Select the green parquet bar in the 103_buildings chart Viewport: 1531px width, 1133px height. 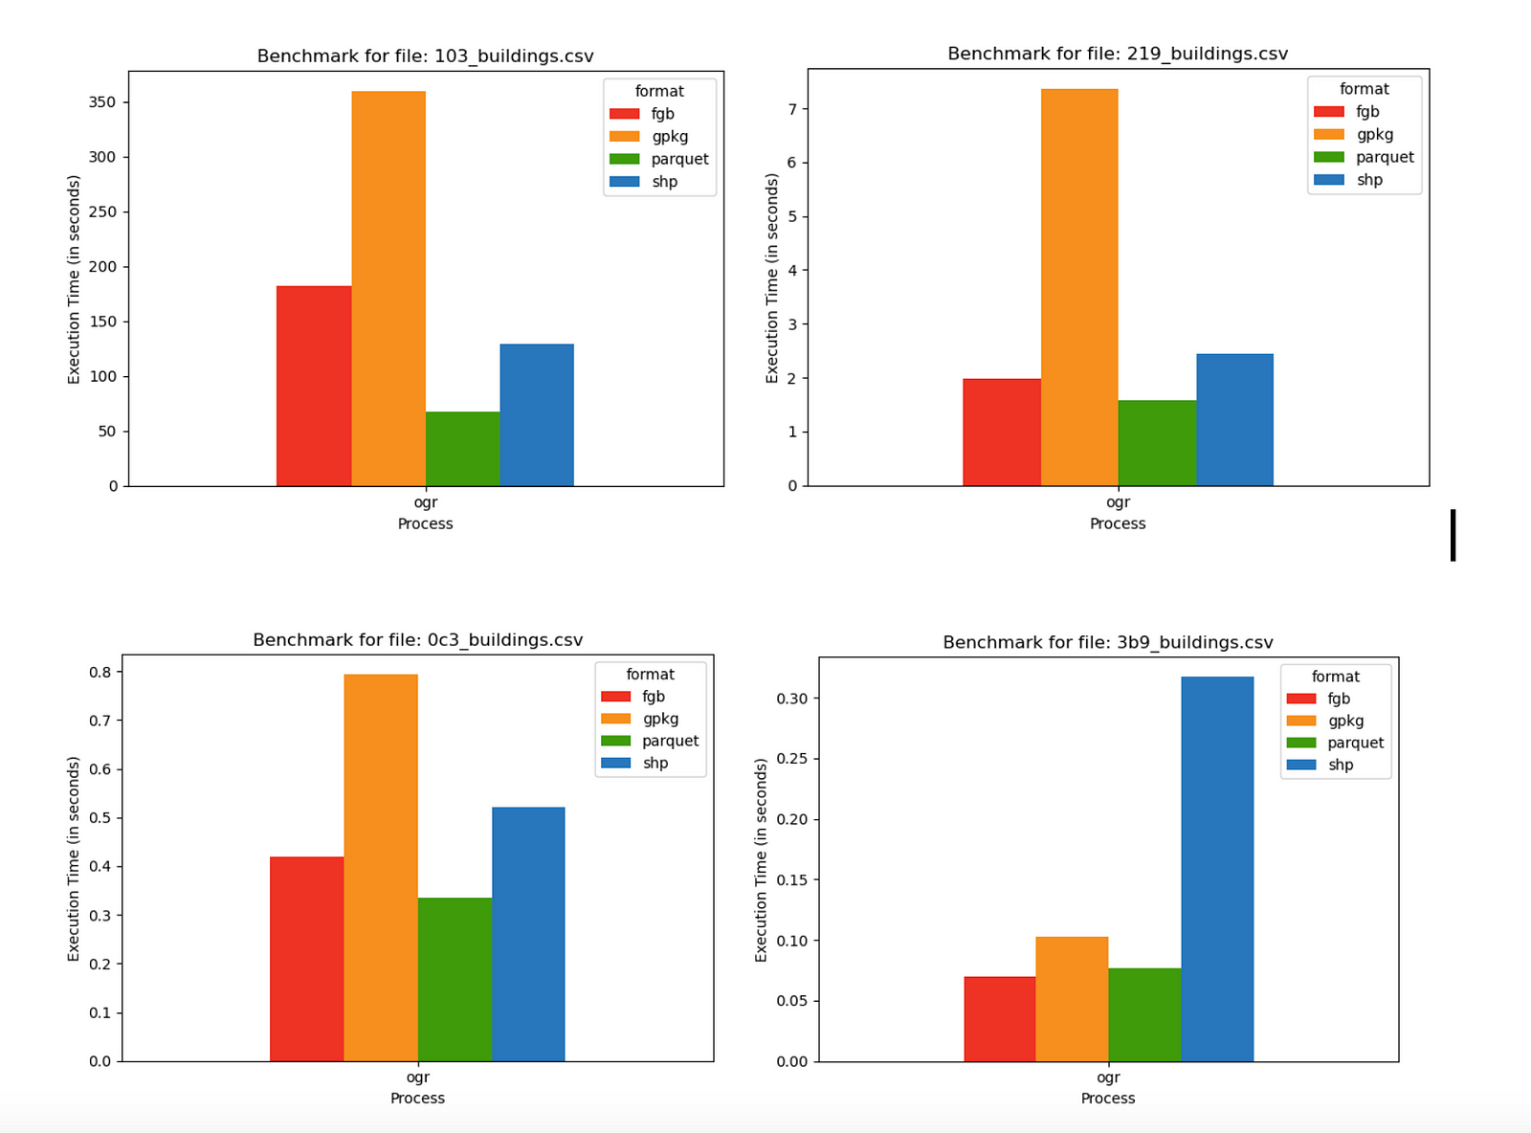(462, 449)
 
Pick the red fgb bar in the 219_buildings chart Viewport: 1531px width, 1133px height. (1001, 433)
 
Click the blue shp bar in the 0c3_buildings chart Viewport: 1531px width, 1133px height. (528, 934)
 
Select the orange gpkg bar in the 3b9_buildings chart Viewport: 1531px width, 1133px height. (1072, 999)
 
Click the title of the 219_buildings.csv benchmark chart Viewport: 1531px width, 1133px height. (1118, 54)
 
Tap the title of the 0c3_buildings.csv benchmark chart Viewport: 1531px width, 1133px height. (417, 640)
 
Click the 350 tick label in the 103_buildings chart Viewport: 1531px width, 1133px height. (102, 102)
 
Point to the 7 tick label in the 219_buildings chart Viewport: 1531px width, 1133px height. (792, 109)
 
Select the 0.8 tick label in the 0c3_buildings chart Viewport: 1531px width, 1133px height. (100, 672)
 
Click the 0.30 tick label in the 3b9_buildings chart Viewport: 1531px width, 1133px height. (791, 699)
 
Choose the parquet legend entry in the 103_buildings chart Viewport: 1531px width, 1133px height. (678, 159)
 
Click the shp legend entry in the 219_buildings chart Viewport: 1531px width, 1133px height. (1368, 180)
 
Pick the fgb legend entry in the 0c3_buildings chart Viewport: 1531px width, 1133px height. (653, 697)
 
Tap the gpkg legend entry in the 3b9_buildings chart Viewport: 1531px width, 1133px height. (1344, 721)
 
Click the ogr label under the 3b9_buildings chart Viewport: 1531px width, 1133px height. (1108, 1077)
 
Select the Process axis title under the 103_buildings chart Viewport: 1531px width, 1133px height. (425, 523)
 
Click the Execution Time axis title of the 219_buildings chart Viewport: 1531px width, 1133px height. (772, 278)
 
